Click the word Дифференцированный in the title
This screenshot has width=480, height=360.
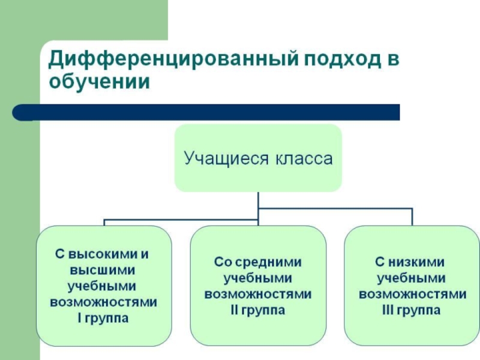coord(173,59)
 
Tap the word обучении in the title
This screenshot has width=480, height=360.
coord(100,82)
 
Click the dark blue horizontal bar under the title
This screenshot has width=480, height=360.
coord(206,112)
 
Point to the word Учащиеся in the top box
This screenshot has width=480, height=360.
coord(226,159)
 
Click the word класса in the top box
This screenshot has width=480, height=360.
coord(304,159)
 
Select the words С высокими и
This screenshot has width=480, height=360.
coord(102,254)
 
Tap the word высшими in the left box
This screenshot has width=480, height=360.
coord(103,271)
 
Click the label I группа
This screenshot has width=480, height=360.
coord(103,318)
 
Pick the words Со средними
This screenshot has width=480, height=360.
coord(258,262)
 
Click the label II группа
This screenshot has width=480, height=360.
coord(258,310)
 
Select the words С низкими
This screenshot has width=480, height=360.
coord(410,262)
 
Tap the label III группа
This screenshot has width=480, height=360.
coord(411,310)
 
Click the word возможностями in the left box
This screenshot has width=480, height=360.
coord(103,302)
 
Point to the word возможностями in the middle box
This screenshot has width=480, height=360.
coord(258,295)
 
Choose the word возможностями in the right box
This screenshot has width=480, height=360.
coord(412,295)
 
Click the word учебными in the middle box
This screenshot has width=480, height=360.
coord(258,278)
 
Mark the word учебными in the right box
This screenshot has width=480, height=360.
coord(412,278)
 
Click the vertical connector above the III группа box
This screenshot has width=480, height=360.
coord(412,217)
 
